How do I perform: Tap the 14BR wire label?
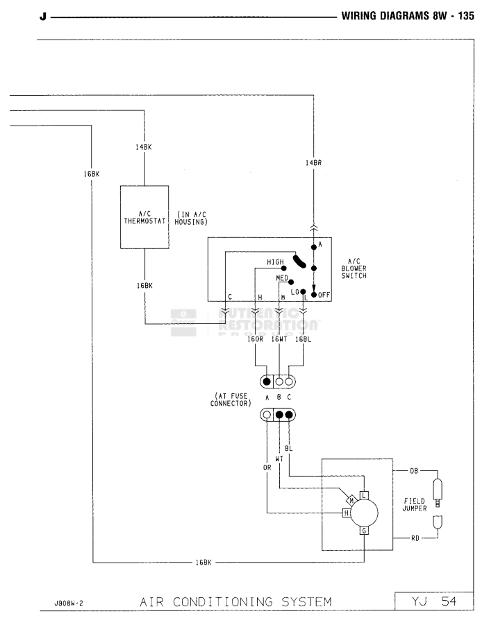pos(313,163)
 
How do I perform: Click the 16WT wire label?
pos(279,340)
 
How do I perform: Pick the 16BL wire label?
pos(303,340)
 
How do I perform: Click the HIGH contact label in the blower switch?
pos(276,262)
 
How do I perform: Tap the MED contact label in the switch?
pos(282,277)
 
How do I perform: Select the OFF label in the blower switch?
pos(324,295)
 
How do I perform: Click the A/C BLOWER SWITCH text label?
pos(354,269)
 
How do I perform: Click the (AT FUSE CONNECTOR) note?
pos(231,401)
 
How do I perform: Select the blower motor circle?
pos(365,513)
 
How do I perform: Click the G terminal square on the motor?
pos(363,531)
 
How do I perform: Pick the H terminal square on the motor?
pos(345,513)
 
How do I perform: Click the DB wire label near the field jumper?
pos(414,471)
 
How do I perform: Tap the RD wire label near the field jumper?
pos(414,538)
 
